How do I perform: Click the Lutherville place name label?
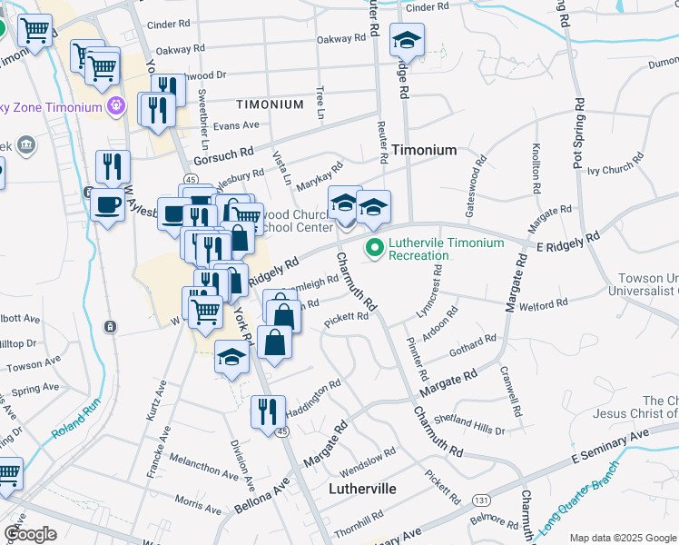coord(361,489)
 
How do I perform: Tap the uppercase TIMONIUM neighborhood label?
coord(270,104)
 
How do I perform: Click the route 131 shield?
coord(481,500)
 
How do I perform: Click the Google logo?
coord(30,534)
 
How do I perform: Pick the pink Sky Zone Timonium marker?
coord(115,107)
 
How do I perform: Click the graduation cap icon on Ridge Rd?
coord(407,40)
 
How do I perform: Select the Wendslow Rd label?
coord(369,461)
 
